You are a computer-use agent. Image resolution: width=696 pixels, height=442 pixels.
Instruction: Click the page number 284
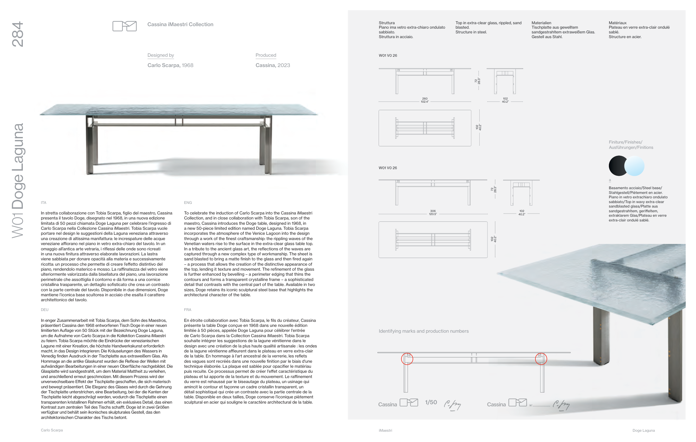(x=18, y=34)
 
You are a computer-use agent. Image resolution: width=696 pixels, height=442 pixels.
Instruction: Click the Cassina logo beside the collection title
(x=124, y=26)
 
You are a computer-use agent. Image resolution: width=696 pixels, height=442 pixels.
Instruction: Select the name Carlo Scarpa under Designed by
(x=163, y=65)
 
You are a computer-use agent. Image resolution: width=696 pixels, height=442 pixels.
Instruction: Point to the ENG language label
(x=188, y=203)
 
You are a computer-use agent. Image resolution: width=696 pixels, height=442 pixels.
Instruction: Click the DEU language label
(x=45, y=310)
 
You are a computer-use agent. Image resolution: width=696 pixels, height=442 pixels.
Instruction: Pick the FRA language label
(x=188, y=310)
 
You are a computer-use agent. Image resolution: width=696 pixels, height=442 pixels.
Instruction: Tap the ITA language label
(x=43, y=203)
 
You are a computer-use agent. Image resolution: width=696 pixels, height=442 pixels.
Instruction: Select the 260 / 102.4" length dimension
(x=425, y=100)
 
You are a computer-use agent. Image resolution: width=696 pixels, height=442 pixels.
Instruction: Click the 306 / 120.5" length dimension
(x=433, y=213)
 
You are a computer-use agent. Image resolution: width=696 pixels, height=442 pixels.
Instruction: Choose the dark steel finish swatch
(x=617, y=166)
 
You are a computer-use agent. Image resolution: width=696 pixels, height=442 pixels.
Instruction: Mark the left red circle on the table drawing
(x=407, y=359)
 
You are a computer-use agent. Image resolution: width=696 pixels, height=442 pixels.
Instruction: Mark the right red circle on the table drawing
(x=541, y=359)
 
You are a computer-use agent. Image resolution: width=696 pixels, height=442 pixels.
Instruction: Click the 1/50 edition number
(x=431, y=402)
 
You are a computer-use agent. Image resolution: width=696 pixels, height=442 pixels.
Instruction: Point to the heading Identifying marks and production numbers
(x=423, y=331)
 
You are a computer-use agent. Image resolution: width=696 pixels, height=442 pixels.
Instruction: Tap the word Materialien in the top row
(x=541, y=23)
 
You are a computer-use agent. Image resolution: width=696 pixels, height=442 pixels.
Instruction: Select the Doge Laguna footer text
(x=643, y=430)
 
